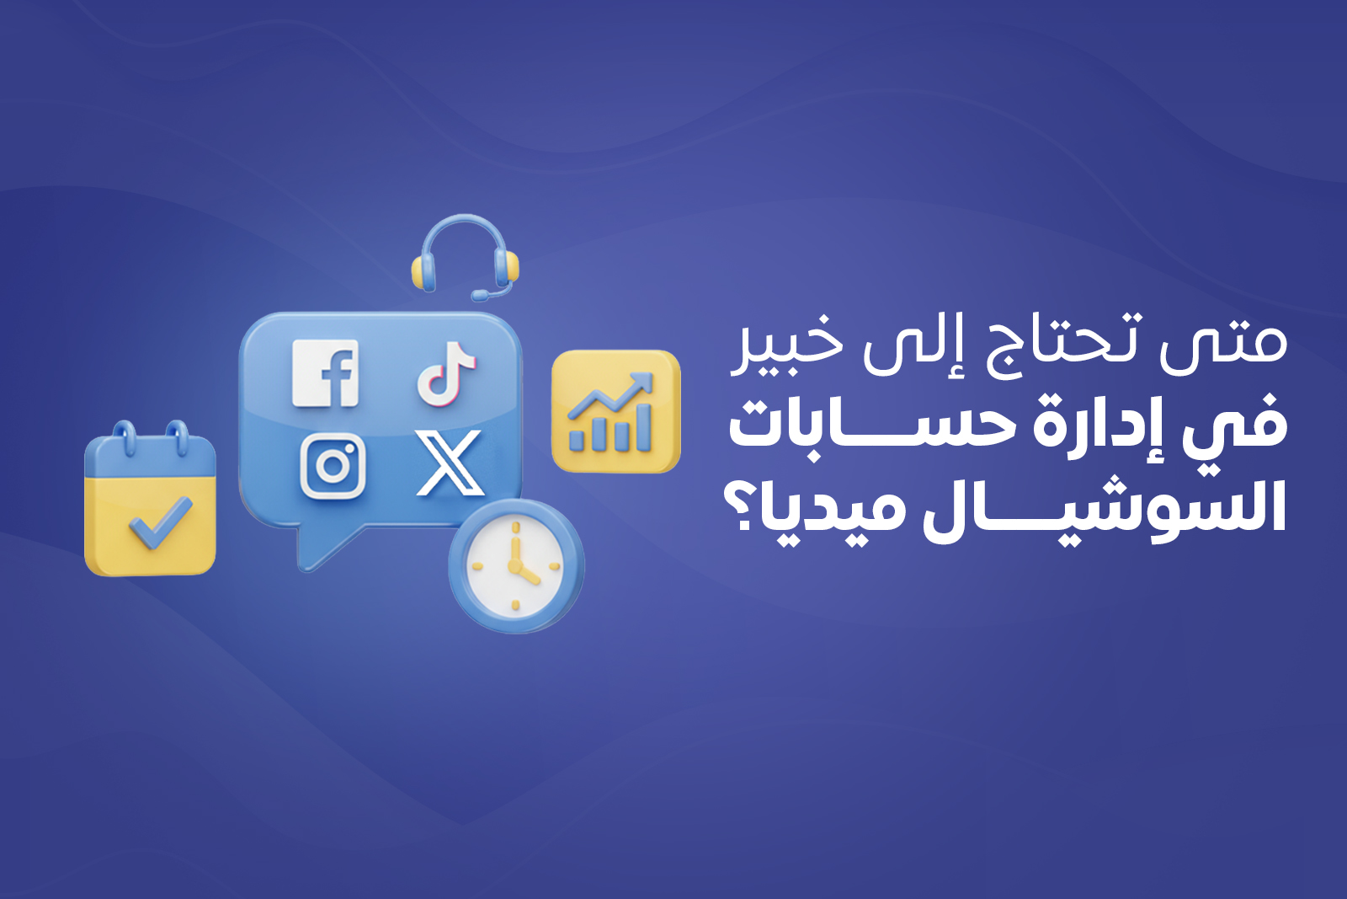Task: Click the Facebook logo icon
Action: click(x=325, y=373)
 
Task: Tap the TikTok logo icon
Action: click(x=446, y=373)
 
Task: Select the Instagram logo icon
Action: click(x=333, y=466)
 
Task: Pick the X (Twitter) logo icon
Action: click(x=450, y=463)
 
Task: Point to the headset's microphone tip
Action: click(x=479, y=296)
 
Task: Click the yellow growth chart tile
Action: click(x=615, y=411)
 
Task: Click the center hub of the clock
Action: click(x=514, y=565)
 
